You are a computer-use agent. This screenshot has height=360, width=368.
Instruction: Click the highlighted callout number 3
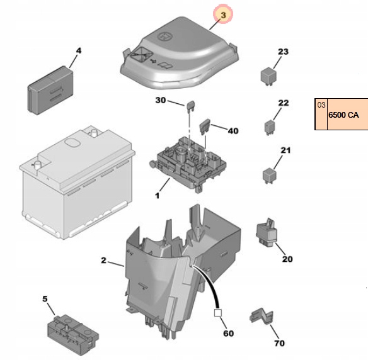(222, 13)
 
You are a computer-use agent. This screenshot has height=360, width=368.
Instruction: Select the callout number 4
(79, 50)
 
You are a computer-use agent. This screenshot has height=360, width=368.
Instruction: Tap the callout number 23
(282, 52)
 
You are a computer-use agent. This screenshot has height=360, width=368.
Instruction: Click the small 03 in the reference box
(321, 105)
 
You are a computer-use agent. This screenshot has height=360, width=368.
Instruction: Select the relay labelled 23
(267, 74)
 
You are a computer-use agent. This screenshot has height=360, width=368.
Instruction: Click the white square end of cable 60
(218, 312)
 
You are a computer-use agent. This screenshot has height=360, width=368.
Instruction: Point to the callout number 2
(103, 260)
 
